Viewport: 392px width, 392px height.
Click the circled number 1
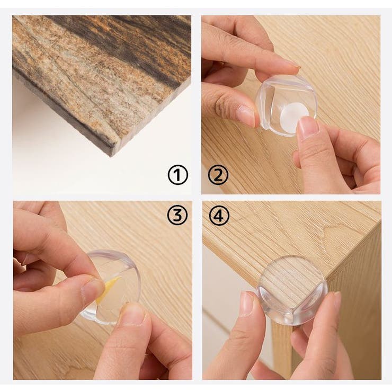pyautogui.click(x=178, y=175)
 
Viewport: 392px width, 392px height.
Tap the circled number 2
pyautogui.click(x=218, y=175)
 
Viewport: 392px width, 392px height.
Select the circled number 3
pyautogui.click(x=177, y=215)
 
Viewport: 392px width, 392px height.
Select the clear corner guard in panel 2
pyautogui.click(x=287, y=105)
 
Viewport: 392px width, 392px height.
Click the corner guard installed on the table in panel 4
pyautogui.click(x=292, y=290)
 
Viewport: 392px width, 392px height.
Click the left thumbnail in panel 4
pyautogui.click(x=247, y=303)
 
